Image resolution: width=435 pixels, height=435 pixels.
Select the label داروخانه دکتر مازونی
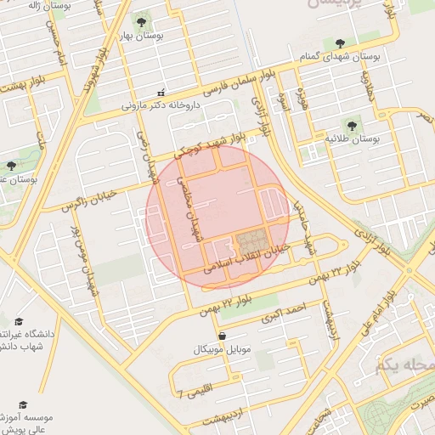point(161,106)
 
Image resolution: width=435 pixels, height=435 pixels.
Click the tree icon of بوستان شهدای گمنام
point(340,42)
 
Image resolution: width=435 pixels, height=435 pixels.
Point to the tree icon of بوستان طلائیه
point(370,122)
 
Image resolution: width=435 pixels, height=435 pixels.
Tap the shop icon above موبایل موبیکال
point(222,336)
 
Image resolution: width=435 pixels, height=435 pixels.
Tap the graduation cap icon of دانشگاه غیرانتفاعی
point(19,322)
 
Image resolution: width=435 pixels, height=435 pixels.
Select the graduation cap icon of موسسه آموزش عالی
point(23,405)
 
